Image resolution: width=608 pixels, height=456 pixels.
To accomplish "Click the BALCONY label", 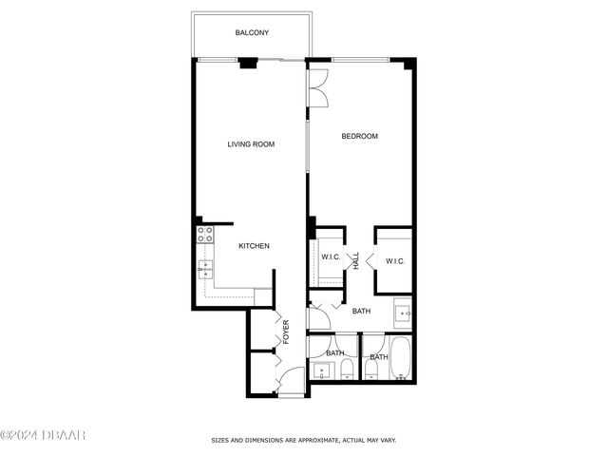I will [252, 33].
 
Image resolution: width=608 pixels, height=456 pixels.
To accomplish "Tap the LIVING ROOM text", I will [251, 144].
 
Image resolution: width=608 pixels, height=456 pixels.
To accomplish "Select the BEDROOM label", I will [360, 136].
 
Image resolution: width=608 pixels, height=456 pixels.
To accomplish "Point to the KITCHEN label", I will [254, 246].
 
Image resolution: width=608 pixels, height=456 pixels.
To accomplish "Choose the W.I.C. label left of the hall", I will [331, 257].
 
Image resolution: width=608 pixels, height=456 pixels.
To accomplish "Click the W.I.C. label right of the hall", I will [395, 261].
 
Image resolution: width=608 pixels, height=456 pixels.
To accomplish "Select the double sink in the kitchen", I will [204, 271].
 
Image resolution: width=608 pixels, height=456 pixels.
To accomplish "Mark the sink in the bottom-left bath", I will [318, 369].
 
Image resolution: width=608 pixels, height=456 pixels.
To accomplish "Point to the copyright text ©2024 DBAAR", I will [44, 435].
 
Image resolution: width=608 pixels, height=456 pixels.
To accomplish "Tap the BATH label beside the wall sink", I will [361, 311].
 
